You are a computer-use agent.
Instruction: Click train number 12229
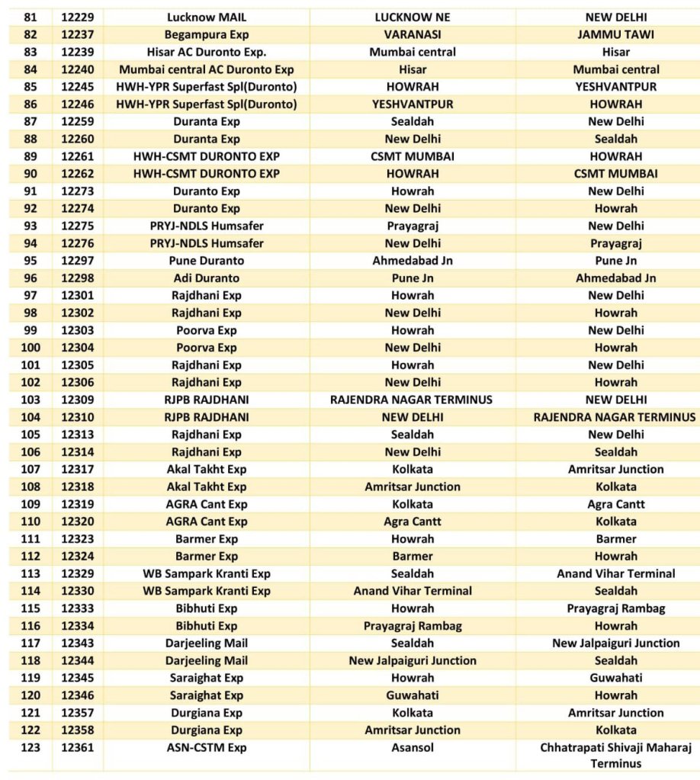77,17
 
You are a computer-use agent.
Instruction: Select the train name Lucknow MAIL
207,17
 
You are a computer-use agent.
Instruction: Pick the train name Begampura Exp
207,34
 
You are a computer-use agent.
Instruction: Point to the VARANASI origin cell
413,34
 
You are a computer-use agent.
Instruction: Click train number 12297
77,261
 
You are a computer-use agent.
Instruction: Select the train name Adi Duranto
207,278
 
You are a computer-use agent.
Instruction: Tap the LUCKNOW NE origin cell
413,17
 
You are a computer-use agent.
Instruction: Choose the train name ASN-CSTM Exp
207,748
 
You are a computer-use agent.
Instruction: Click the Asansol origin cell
413,748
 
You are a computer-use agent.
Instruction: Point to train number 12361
77,748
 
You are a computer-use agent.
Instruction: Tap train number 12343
77,644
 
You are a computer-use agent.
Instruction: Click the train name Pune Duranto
207,261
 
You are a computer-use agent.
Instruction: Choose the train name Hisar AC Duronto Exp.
207,52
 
